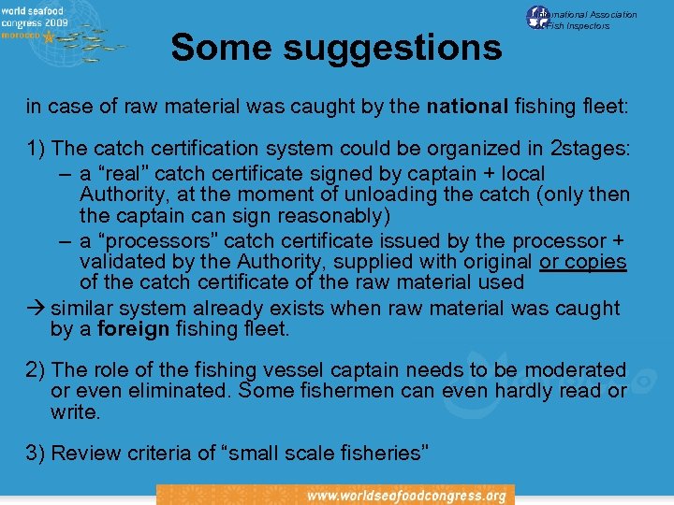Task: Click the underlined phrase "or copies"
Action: click(x=583, y=262)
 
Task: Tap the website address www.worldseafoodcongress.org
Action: click(x=406, y=496)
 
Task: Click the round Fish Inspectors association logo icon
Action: click(x=538, y=18)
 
